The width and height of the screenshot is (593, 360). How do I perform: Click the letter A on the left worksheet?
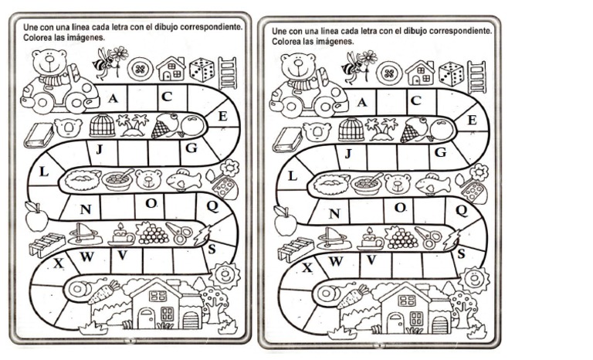point(113,98)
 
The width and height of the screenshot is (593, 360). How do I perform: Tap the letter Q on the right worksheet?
point(462,210)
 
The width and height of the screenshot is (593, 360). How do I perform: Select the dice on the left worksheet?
point(202,70)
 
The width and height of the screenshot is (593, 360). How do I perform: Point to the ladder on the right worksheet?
point(476,77)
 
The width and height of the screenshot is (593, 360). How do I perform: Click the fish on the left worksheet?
point(185,178)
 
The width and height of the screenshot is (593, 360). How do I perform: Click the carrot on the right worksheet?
point(352,296)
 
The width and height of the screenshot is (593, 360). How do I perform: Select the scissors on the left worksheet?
point(179,233)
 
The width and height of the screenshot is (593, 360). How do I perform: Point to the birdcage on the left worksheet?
point(102,125)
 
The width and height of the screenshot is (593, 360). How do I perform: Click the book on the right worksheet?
point(287,140)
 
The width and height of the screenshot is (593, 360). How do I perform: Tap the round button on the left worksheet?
point(141,70)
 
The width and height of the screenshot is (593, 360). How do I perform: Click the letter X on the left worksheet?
point(59,263)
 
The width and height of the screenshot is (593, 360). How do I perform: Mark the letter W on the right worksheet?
point(335,261)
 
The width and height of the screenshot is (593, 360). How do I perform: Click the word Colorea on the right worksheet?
point(286,41)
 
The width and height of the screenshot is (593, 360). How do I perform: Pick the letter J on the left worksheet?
point(100,150)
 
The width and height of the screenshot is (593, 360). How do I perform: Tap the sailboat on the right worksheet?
point(330,238)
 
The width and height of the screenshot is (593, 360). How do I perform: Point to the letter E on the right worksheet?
point(472,120)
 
